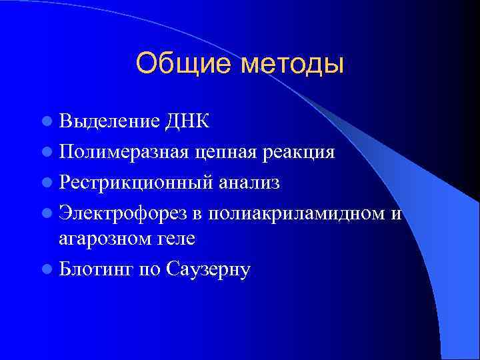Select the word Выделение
(x=108, y=122)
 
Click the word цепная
(x=223, y=153)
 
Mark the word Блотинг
(x=96, y=269)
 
